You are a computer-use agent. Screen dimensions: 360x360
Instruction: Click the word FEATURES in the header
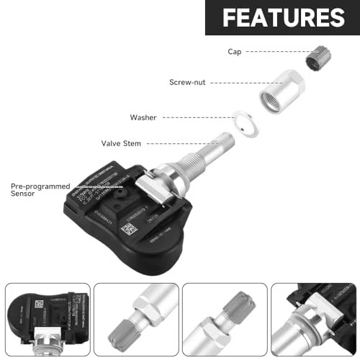coord(283,17)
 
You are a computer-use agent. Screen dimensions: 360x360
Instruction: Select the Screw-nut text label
coord(187,82)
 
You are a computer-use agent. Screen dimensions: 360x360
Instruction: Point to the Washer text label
coord(143,117)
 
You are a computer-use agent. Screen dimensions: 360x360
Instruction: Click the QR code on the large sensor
coord(128,228)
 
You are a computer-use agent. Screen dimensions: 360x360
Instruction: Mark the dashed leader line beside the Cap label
coord(265,51)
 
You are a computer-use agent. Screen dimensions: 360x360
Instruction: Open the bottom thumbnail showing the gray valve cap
coord(225,318)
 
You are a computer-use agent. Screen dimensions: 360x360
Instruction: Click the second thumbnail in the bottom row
coord(136,318)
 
